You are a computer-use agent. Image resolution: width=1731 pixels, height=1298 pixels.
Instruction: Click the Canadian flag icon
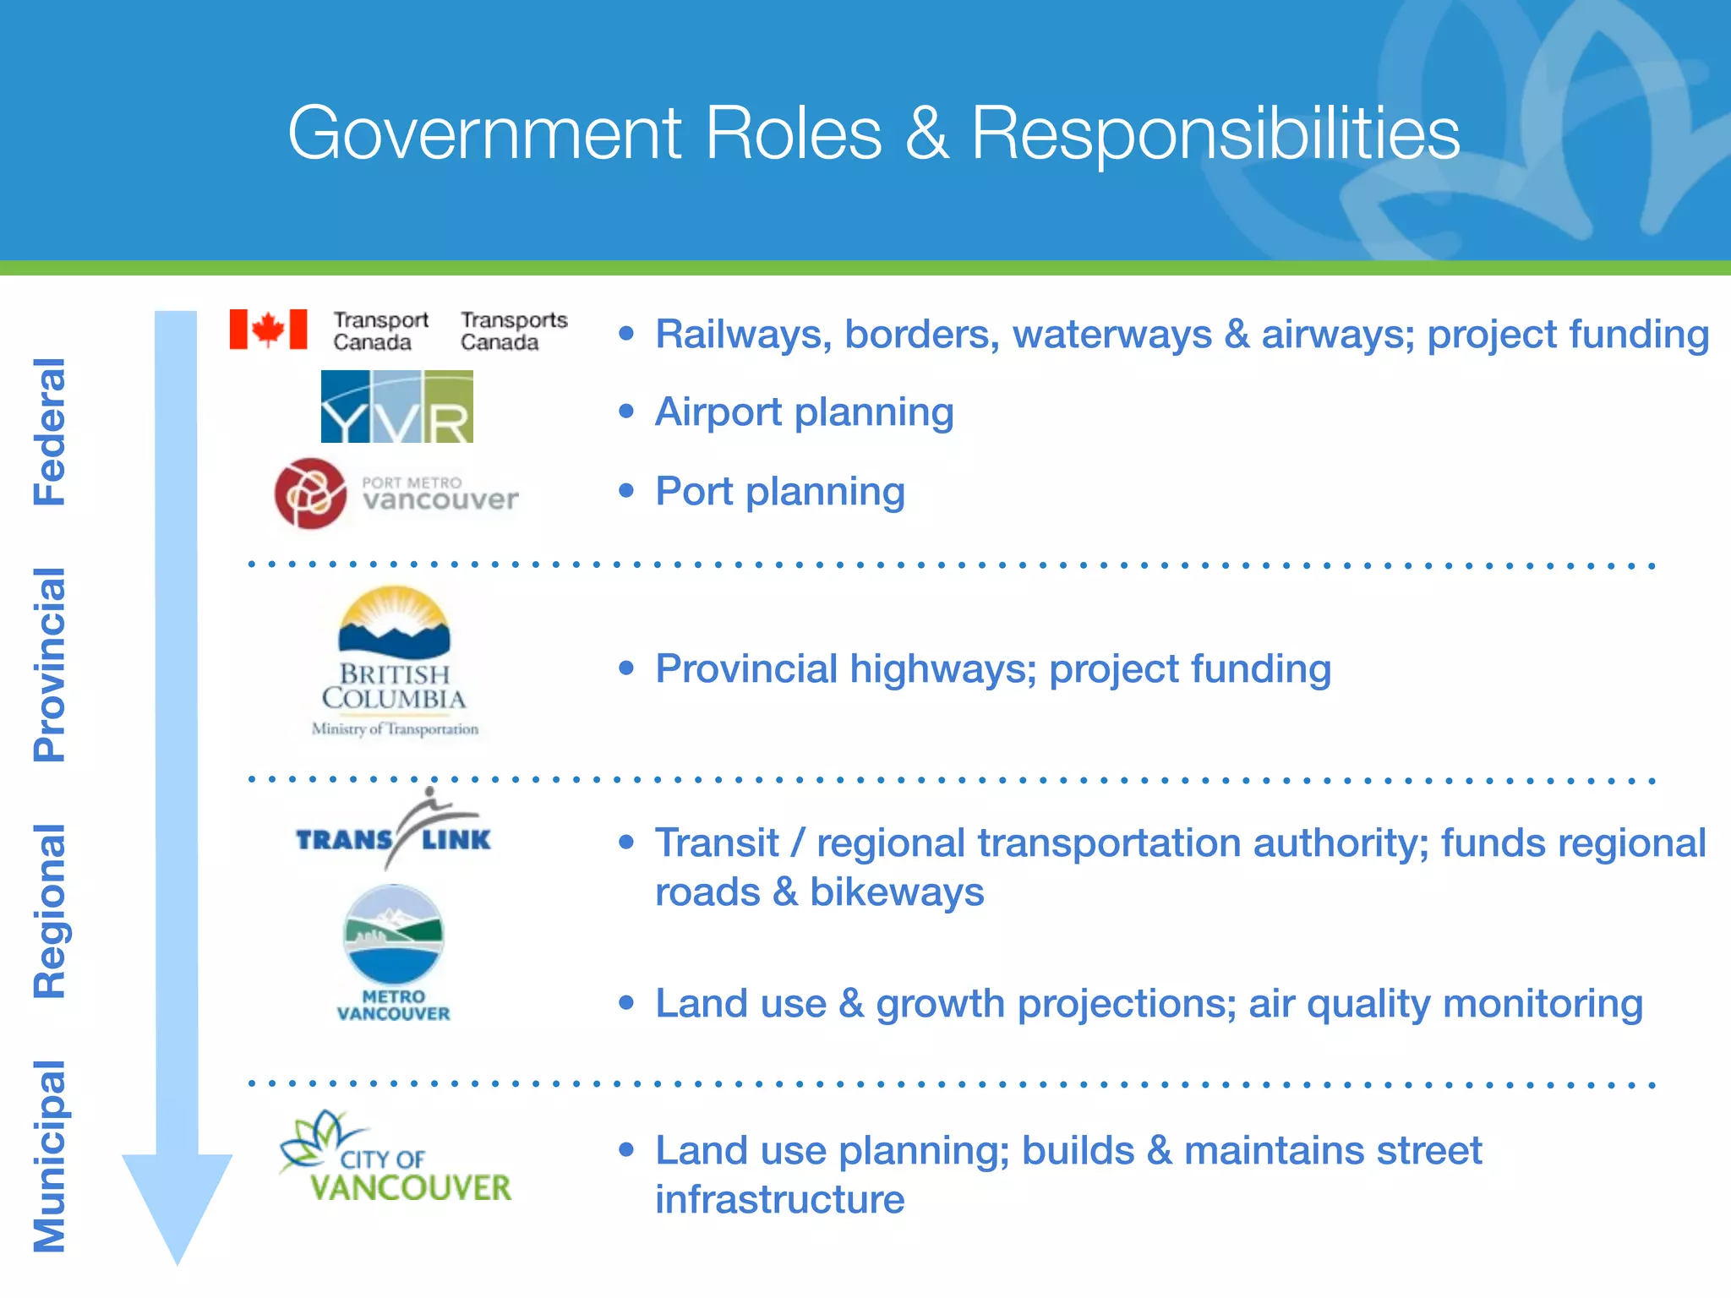coord(268,330)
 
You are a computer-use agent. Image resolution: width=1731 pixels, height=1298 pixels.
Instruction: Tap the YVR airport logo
coord(396,406)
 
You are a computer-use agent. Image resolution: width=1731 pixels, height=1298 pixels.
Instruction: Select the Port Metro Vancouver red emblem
coord(310,494)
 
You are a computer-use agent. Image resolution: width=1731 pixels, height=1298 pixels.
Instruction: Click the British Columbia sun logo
coord(394,623)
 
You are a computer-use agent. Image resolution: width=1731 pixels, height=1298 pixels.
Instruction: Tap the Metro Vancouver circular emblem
coord(394,934)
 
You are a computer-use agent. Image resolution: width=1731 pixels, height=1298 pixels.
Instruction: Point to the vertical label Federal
coord(49,432)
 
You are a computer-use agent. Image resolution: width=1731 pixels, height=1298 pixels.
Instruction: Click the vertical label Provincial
coord(49,664)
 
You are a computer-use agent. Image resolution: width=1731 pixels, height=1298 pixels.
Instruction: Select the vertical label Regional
coord(49,911)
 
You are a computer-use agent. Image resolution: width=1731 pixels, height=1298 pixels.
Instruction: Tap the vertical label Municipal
coord(49,1156)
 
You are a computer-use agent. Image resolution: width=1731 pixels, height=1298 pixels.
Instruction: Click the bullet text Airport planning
coord(804,412)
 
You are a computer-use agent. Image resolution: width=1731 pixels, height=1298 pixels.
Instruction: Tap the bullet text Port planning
coord(779,491)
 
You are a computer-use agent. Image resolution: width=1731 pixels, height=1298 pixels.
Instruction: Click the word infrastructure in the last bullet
coord(779,1200)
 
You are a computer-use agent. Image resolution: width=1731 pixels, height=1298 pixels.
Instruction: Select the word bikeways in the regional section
coord(897,892)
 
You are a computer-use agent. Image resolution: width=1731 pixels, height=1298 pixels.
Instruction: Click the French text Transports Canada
coord(513,331)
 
